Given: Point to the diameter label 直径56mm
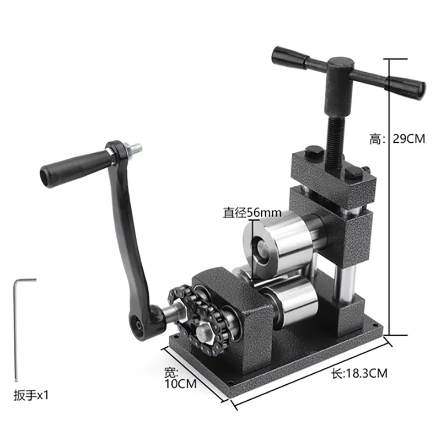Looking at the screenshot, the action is coord(252,212).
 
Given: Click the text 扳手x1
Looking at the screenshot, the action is coord(31,395).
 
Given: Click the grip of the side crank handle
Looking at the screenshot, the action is coord(74,168).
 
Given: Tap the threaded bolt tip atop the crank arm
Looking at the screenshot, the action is coord(136,147).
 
